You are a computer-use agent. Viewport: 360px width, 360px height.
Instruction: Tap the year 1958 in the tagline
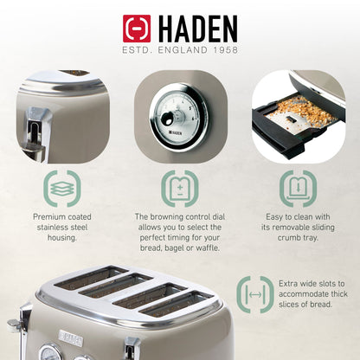(x=221, y=52)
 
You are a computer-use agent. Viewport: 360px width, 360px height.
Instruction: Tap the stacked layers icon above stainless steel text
(x=61, y=187)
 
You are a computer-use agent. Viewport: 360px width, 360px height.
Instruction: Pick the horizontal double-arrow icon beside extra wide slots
(x=255, y=295)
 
